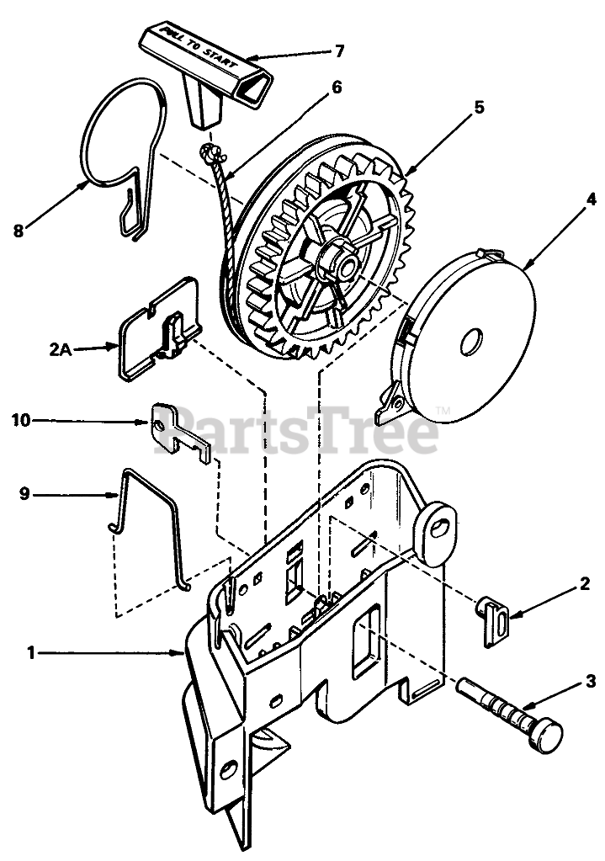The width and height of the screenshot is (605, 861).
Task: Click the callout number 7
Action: tap(338, 51)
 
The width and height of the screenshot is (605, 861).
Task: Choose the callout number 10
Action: tap(20, 419)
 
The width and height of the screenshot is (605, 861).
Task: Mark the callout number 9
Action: tap(24, 495)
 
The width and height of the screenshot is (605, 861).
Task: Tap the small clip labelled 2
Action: tap(495, 621)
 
